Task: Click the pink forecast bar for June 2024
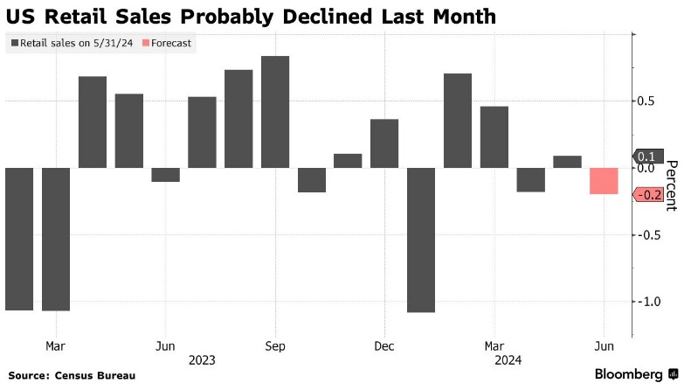click(x=604, y=181)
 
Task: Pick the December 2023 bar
click(x=384, y=143)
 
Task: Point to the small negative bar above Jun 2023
click(x=165, y=175)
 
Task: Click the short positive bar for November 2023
click(x=348, y=161)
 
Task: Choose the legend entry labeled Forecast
click(x=165, y=42)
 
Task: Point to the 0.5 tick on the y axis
click(x=645, y=101)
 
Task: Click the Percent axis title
click(x=671, y=185)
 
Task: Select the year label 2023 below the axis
click(x=201, y=359)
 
